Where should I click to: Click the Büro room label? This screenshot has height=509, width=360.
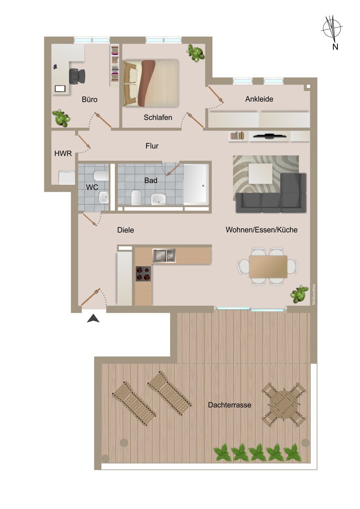click(90, 100)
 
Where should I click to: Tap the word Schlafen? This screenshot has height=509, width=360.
click(158, 117)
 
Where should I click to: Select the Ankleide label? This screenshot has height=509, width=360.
click(259, 99)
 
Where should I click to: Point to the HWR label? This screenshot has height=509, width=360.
click(63, 154)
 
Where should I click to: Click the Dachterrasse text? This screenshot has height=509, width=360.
click(229, 405)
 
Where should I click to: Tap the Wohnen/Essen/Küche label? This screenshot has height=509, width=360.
click(262, 230)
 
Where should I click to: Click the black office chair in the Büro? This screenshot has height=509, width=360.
click(77, 76)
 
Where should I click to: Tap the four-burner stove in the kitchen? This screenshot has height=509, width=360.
click(143, 273)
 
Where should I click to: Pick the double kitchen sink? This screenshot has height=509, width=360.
click(164, 255)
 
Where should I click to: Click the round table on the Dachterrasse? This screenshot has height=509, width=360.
click(284, 405)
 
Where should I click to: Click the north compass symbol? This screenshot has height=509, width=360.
click(332, 28)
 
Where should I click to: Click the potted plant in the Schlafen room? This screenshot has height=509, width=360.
click(195, 53)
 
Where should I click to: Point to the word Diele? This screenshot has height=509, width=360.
click(126, 230)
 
